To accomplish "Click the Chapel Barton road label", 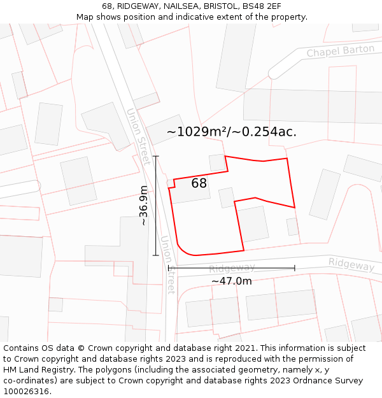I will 341,51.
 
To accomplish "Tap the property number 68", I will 199,183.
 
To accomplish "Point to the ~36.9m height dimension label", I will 144,205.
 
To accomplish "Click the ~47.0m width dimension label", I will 231,281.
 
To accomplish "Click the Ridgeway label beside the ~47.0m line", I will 232,268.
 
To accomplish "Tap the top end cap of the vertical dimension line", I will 156,156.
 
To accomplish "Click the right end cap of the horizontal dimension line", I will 295,268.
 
